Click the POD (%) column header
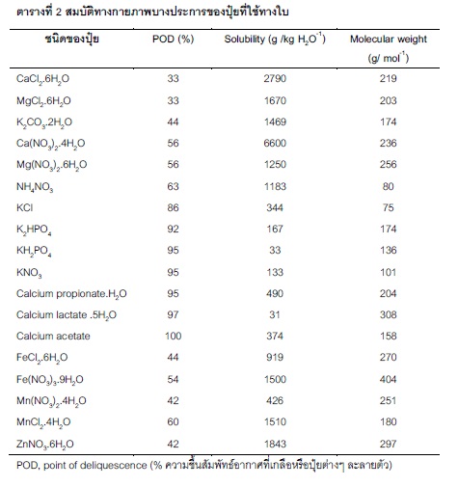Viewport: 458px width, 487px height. tap(173, 40)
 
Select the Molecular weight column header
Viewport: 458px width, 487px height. tap(389, 48)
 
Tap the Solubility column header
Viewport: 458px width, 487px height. tap(275, 39)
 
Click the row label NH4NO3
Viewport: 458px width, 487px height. tap(35, 187)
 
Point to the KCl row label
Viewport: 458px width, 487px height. tap(24, 207)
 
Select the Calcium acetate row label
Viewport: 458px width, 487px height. tap(53, 336)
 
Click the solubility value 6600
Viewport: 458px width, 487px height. tap(275, 143)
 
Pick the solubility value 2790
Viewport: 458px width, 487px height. tap(275, 78)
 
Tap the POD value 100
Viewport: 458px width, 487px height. tap(173, 336)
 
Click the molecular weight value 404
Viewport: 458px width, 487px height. tap(388, 379)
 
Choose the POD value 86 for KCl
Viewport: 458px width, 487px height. tap(173, 207)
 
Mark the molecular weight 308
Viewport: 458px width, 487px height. tap(388, 314)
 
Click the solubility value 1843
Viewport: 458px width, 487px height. tap(275, 444)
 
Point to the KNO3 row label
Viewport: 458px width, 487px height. tap(29, 273)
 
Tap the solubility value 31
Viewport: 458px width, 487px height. tap(275, 314)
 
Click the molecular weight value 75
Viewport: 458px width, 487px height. tap(388, 207)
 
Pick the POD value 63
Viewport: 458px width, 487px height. tap(173, 186)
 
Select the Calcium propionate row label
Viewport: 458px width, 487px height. tap(71, 294)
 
